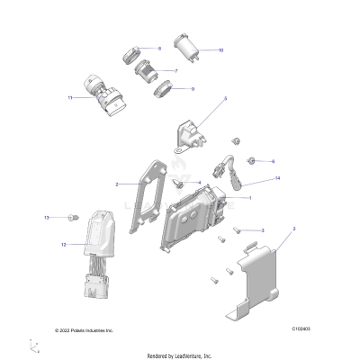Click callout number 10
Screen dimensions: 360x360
(221, 50)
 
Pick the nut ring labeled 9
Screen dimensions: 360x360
(162, 89)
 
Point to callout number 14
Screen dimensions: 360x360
(253, 179)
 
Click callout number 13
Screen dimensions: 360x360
(47, 218)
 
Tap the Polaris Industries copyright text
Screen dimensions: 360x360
(84, 330)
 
